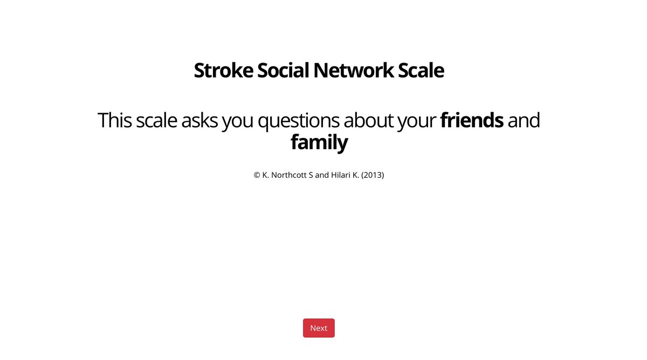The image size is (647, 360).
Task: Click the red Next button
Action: [x=319, y=328]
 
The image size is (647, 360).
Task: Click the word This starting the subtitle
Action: [x=115, y=120]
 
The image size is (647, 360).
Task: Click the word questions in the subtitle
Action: [x=298, y=120]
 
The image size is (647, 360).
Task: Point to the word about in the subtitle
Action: [x=368, y=120]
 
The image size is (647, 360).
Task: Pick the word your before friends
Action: [x=416, y=120]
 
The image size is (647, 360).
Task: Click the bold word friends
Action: [x=472, y=120]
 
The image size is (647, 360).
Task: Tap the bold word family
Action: [x=319, y=143]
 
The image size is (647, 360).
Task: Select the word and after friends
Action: [x=524, y=120]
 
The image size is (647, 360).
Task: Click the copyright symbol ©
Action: [x=257, y=175]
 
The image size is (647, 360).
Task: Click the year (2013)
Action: [x=373, y=175]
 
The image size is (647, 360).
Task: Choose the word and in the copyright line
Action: [x=322, y=175]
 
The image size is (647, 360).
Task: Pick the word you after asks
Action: [x=238, y=120]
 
